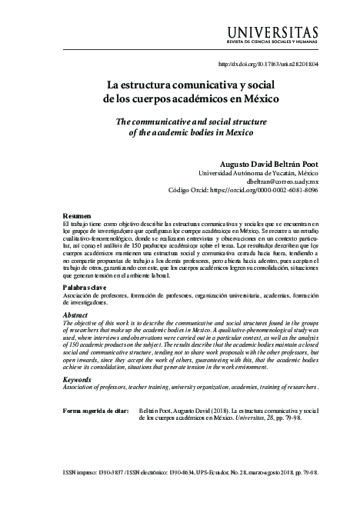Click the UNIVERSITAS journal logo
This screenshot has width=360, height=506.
273,31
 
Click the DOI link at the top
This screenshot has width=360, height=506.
269,64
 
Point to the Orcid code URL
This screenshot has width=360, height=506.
275,191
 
